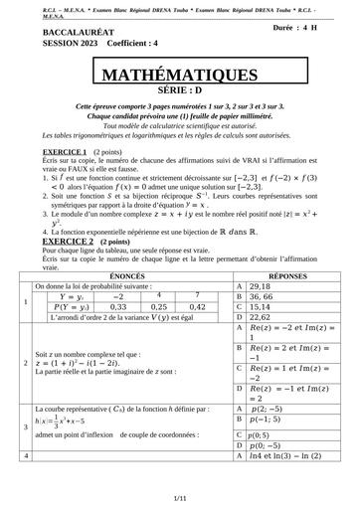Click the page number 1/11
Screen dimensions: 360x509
pyautogui.click(x=179, y=498)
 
